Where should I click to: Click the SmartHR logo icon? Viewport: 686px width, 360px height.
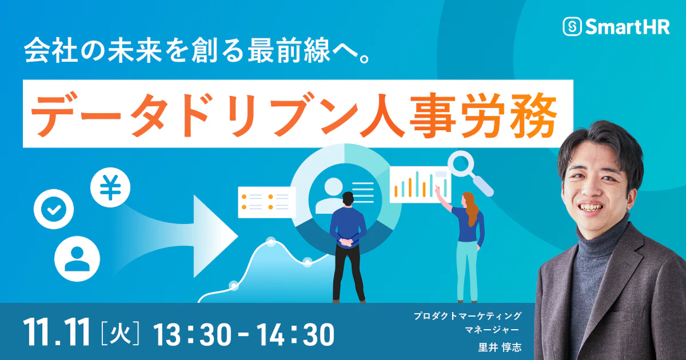tap(572, 27)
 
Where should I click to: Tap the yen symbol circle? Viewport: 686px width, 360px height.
tap(110, 187)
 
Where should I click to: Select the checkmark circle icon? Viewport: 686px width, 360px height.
tap(54, 209)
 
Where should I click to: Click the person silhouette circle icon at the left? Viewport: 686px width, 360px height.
tap(77, 259)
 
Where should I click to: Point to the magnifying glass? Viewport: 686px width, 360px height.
tap(469, 174)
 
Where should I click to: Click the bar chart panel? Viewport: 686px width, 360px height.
tap(420, 185)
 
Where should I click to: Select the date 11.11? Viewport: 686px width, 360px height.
tap(57, 332)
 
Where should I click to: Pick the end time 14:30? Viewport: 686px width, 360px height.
tap(295, 335)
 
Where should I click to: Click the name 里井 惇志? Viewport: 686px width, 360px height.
tap(500, 347)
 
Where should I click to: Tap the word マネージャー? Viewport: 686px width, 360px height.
tap(492, 330)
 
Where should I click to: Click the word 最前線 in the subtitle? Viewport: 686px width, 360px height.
tap(289, 50)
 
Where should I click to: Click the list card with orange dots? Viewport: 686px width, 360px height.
tap(267, 202)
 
